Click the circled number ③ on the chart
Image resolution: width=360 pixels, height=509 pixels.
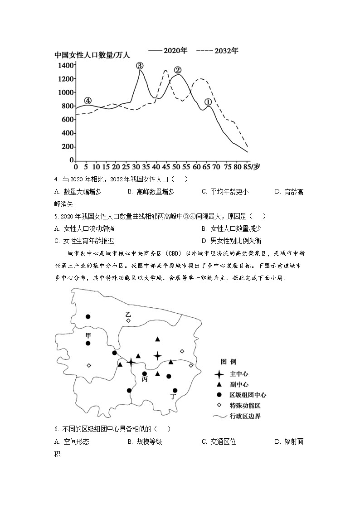140,66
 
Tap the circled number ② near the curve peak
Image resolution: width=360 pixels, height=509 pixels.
178,70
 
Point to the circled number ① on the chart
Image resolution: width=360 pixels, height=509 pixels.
208,102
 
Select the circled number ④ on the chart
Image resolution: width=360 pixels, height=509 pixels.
88,101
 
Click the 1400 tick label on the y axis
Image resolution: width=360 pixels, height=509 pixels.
65,65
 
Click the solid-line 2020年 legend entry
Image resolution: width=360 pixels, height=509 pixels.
168,51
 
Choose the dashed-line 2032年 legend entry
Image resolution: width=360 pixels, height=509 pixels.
217,51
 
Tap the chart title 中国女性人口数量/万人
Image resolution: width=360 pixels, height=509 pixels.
92,55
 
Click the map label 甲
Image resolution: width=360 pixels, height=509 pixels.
88,335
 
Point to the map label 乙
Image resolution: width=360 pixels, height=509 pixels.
128,314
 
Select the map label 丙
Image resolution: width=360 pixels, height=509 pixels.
145,379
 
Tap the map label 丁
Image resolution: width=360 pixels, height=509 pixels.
173,397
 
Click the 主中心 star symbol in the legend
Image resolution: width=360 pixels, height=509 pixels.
219,374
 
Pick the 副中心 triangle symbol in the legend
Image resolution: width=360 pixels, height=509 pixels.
219,385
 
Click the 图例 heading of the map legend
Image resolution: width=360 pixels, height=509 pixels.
229,362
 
